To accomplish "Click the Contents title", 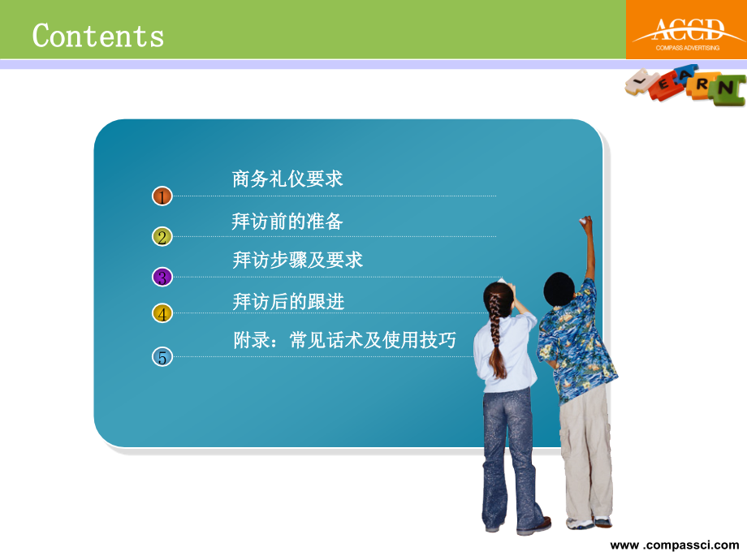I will click(x=98, y=37).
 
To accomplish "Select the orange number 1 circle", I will click(x=162, y=196).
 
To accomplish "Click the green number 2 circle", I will click(x=162, y=237).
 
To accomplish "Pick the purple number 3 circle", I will click(x=162, y=277).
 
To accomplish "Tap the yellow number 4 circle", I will click(x=162, y=314).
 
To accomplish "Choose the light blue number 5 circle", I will click(x=162, y=356).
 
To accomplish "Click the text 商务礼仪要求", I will click(x=287, y=179).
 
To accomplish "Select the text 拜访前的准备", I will click(x=287, y=221).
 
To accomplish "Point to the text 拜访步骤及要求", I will click(x=297, y=261).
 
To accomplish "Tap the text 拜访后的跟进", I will click(x=288, y=302).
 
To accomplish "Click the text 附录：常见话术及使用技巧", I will click(x=344, y=341).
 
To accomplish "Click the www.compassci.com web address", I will click(x=675, y=545).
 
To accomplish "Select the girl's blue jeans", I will click(x=510, y=454).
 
